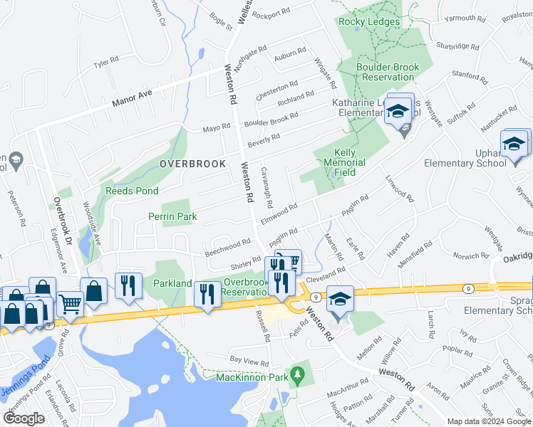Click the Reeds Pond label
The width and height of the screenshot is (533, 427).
133,191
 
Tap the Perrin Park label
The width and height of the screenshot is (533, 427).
172,216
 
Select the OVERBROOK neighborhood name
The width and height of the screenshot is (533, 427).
192,164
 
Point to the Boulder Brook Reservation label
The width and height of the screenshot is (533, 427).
388,72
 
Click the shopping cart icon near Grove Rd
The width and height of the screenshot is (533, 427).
70,304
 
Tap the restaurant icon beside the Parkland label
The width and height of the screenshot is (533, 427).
128,285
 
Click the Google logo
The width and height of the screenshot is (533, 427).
24,418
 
